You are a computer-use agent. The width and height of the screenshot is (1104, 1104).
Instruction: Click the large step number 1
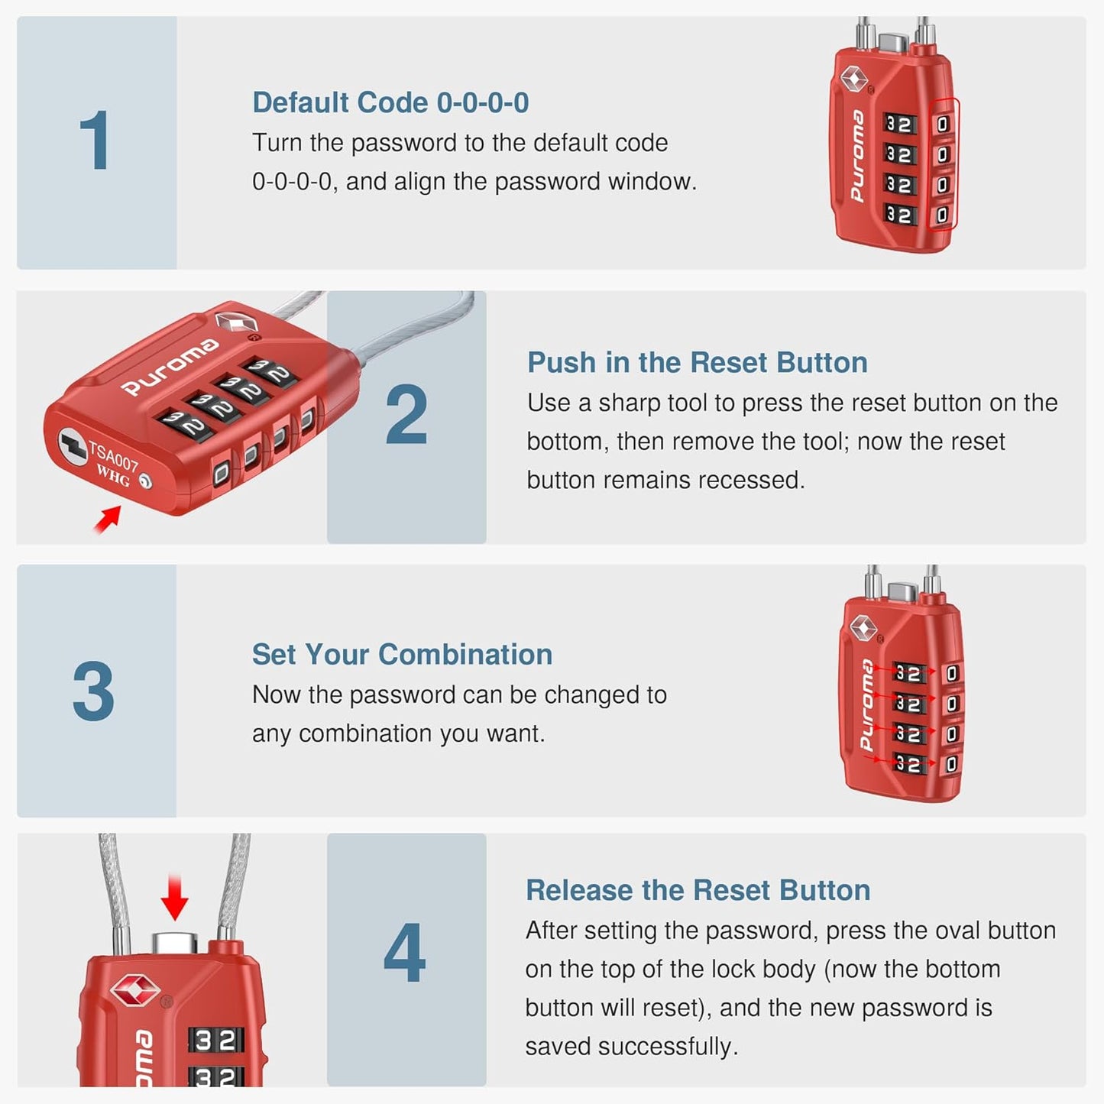click(95, 141)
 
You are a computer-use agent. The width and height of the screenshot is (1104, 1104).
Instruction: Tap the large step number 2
click(406, 415)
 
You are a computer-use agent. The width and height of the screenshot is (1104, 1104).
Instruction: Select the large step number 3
click(93, 691)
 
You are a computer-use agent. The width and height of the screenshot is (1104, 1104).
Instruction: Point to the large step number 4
click(404, 953)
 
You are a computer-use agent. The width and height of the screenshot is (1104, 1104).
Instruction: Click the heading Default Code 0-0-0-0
click(390, 102)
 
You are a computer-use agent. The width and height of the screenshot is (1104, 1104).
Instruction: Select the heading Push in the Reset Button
click(697, 362)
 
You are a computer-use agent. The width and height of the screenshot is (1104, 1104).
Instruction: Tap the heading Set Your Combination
click(402, 654)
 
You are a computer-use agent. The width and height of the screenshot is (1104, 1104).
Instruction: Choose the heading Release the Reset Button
click(698, 890)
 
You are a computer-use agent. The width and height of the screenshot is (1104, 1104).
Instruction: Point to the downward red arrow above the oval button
click(175, 898)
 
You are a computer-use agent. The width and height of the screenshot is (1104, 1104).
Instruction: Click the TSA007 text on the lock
click(114, 457)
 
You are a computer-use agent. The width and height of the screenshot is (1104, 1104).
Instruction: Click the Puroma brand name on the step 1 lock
click(858, 156)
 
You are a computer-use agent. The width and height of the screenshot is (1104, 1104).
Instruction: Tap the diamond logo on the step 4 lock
click(135, 991)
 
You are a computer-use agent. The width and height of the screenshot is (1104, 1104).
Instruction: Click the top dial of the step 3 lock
click(908, 673)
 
